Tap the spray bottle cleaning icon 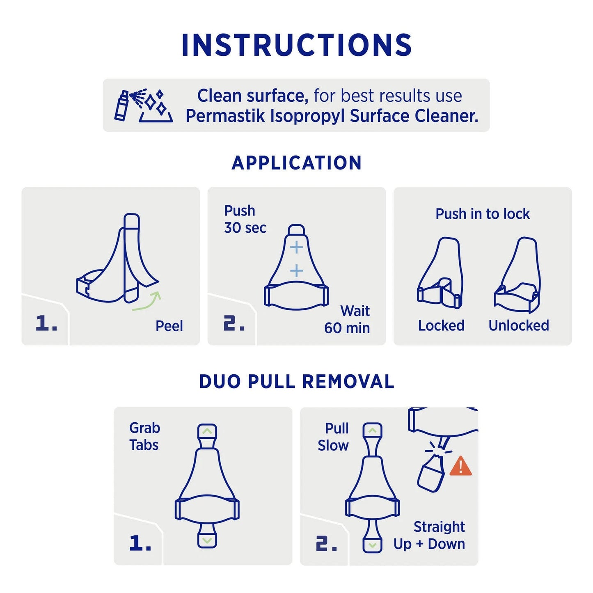pos(143,105)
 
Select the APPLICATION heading pos(296,163)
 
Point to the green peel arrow pos(148,301)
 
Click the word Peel pos(169,326)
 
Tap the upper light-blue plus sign pos(296,247)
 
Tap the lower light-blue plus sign pos(296,271)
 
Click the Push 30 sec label pos(245,219)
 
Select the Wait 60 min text pos(348,319)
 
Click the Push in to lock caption pos(482,214)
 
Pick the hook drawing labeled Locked pos(440,273)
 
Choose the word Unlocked pos(518,325)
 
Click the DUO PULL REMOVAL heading pos(296,382)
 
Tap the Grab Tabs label pos(144,436)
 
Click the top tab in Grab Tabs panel pos(207,432)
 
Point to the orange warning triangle pos(460,467)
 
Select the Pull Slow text pos(333,437)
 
